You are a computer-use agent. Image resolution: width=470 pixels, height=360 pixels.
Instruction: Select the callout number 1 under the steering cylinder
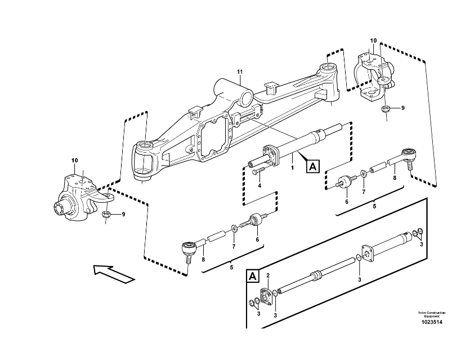pos(292,168)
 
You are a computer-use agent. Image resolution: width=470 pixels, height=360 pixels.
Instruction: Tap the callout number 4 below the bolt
pos(259,185)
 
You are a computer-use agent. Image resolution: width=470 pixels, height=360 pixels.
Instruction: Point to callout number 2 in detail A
pos(268,275)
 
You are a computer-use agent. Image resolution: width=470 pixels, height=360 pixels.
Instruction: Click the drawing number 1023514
pos(431,323)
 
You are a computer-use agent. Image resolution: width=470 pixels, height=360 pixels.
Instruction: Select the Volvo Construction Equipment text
pos(431,314)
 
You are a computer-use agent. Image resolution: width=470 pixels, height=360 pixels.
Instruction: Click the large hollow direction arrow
pos(115,273)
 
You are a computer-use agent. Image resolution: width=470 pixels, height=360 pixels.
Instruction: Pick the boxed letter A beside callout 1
pos(312,166)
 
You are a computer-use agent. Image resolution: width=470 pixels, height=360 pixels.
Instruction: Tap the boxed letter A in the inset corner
pos(253,276)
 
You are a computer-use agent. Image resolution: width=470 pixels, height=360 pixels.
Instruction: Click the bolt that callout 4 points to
pos(258,171)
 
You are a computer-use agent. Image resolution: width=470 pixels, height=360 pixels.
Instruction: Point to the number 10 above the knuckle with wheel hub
pos(75,161)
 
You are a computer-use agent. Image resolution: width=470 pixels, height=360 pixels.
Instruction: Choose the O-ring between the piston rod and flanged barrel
pos(358,259)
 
